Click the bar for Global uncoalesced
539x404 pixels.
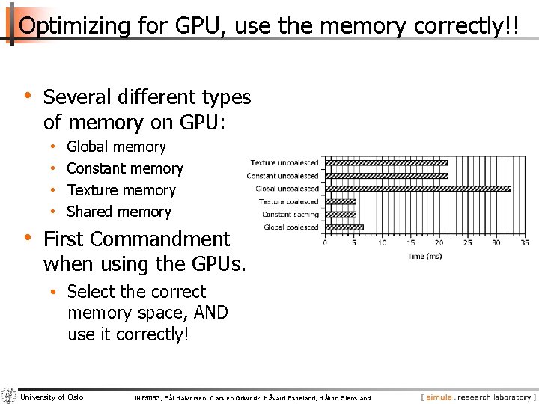[418, 189]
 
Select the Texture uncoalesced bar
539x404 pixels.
[386, 162]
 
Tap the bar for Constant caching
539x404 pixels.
[341, 215]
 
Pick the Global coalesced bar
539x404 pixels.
[344, 227]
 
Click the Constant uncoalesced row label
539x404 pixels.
[282, 176]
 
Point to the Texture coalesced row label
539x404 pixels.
[288, 201]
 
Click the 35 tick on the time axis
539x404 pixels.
[524, 242]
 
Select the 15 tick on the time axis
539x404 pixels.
[410, 242]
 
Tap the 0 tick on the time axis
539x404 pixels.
[325, 242]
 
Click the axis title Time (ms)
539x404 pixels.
[424, 257]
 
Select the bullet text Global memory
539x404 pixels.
[116, 147]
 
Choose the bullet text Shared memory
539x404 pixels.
[119, 212]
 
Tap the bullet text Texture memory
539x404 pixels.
[121, 190]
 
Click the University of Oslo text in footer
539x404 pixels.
[52, 397]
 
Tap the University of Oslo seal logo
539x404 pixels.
[8, 396]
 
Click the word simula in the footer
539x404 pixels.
[440, 397]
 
